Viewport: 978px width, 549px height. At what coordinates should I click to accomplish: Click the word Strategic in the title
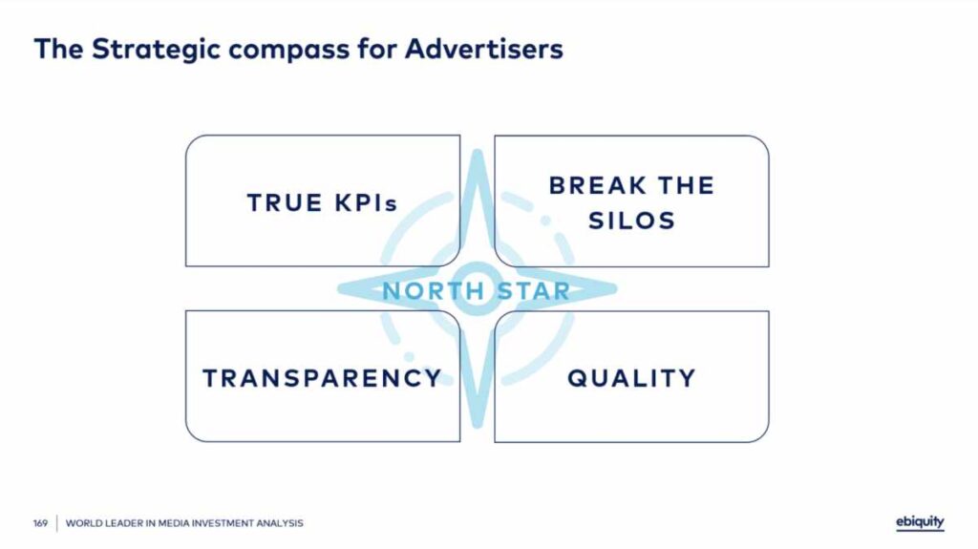click(156, 50)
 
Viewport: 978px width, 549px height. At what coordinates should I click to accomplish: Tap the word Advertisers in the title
click(484, 49)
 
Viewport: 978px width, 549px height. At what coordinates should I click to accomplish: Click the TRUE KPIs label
click(323, 202)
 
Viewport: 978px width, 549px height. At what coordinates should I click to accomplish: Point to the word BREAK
click(598, 185)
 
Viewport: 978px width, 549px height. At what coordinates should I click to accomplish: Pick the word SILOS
click(632, 221)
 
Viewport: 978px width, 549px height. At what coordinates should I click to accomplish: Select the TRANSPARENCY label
click(323, 378)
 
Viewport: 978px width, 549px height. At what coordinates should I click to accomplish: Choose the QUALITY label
click(631, 379)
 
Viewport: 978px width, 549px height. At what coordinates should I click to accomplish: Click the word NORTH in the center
click(434, 290)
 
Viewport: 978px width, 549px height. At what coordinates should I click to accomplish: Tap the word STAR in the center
click(534, 290)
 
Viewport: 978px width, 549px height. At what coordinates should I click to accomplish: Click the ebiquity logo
click(920, 523)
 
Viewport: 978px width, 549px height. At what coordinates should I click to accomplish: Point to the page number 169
click(40, 523)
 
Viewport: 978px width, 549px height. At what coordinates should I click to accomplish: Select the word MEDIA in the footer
click(174, 523)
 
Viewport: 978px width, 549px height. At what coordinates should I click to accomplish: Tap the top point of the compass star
click(478, 151)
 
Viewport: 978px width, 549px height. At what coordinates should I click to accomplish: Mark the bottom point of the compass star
click(478, 426)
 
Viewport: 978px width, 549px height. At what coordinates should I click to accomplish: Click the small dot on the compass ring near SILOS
click(545, 221)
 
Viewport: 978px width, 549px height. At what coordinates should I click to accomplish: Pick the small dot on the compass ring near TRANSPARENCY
click(409, 357)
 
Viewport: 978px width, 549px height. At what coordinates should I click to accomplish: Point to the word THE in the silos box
click(686, 185)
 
